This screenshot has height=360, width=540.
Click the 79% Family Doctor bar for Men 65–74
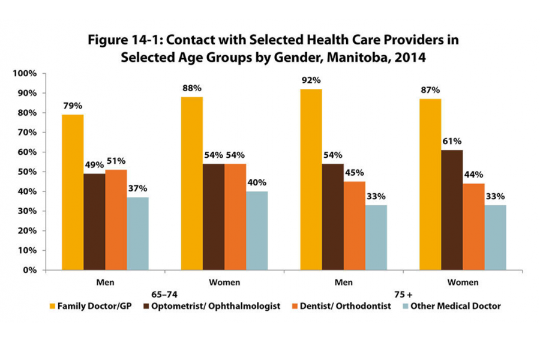coord(73,192)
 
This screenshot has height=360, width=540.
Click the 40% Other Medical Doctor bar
coord(256,230)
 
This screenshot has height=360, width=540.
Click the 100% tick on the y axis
coord(25,73)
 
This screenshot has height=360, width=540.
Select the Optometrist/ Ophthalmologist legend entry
coord(222,306)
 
